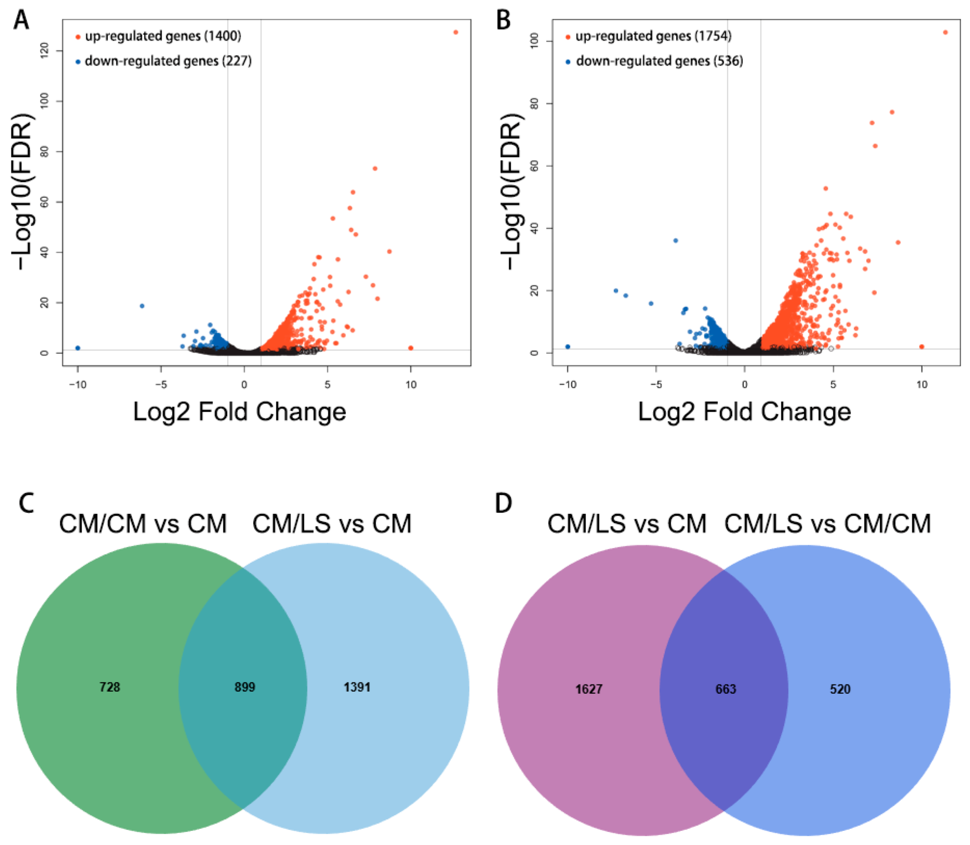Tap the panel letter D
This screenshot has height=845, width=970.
[503, 503]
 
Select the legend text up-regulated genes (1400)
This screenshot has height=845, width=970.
[163, 36]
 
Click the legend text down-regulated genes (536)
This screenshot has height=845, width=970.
[659, 61]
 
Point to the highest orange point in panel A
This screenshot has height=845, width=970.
[456, 32]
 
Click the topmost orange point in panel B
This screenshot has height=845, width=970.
[945, 32]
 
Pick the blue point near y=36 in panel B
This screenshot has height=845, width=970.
[675, 241]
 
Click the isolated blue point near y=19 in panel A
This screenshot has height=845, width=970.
[142, 306]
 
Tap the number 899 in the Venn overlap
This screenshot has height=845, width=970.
[245, 687]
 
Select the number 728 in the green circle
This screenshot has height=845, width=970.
[110, 687]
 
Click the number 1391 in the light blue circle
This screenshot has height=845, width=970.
[357, 687]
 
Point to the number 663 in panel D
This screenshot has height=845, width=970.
[725, 689]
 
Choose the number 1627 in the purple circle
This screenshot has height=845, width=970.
[589, 689]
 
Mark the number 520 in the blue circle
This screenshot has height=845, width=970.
[840, 689]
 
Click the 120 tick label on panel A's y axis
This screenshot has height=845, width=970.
[45, 50]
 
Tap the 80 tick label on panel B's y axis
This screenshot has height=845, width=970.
[534, 103]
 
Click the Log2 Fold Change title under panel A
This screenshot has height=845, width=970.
[240, 412]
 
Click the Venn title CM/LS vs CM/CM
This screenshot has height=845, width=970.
[827, 524]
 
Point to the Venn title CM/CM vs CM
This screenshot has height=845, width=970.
[143, 524]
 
